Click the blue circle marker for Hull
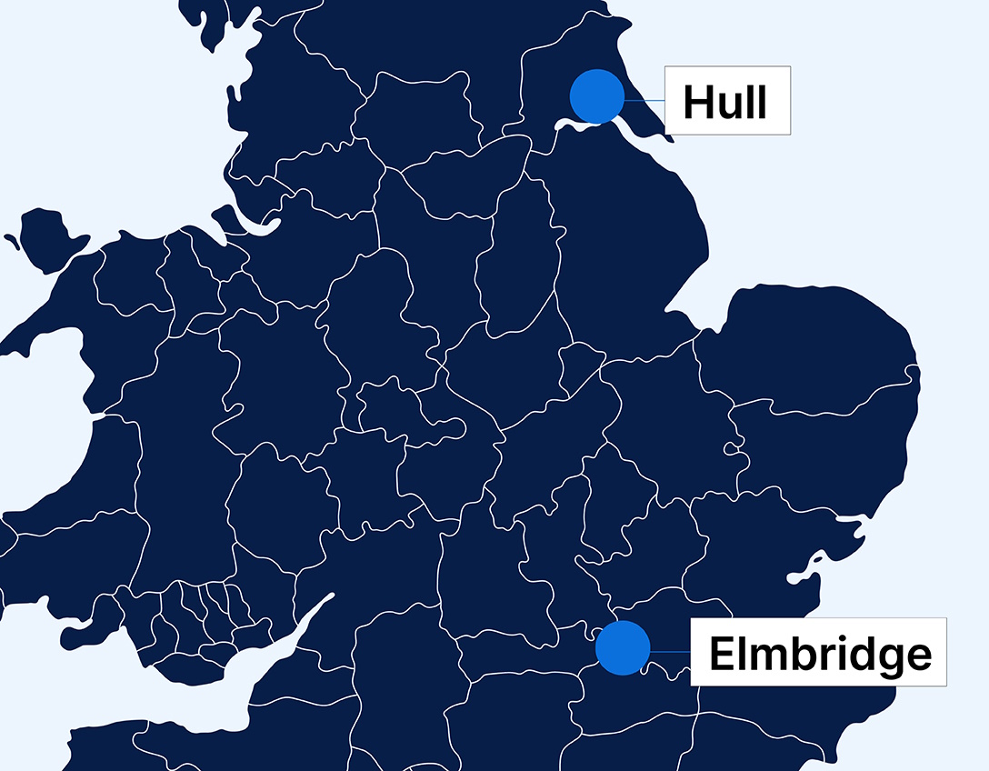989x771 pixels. click(597, 95)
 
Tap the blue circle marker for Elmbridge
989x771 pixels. click(623, 648)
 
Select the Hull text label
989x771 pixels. click(726, 101)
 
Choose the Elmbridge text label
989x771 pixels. click(818, 652)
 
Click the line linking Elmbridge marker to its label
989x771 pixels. click(670, 651)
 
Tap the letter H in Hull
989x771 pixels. click(698, 102)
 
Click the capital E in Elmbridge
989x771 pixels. click(721, 654)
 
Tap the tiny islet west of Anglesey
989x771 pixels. click(12, 242)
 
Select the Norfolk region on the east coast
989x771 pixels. click(809, 345)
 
